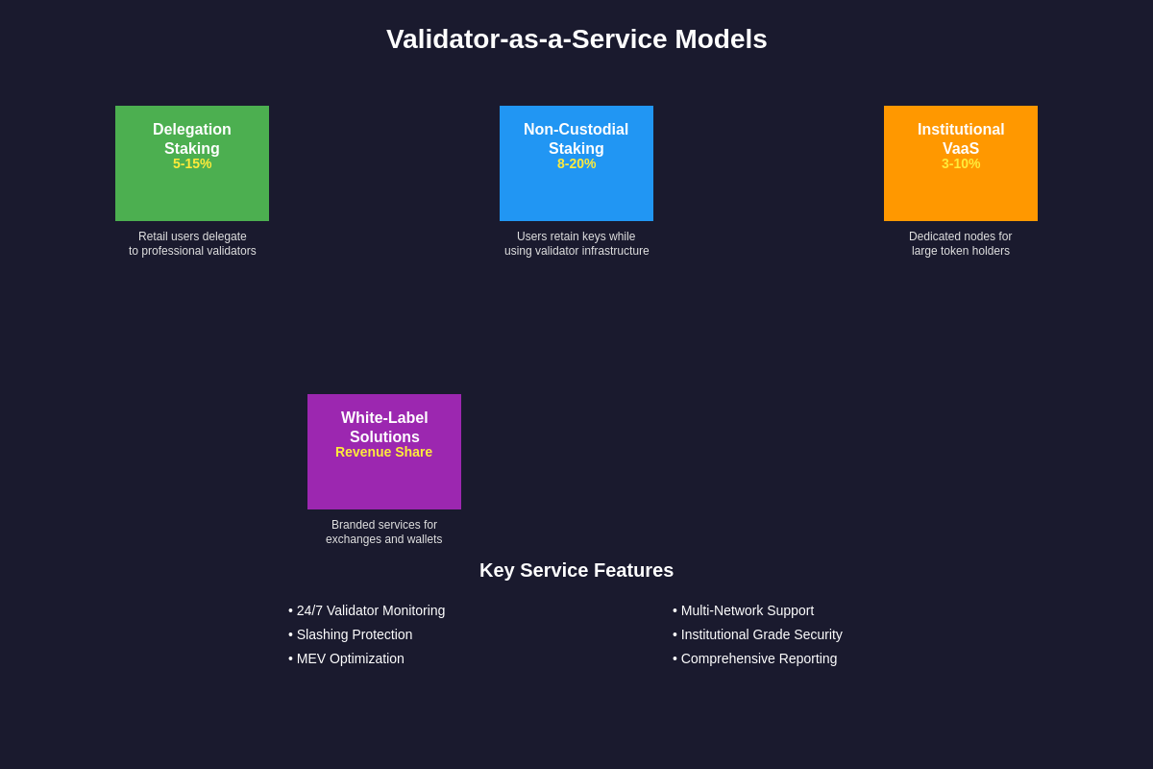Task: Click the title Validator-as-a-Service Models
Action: [576, 39]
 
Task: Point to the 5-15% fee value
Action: [192, 164]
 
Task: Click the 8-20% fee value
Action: [576, 164]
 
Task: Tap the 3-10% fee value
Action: [961, 164]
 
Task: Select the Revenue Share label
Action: [384, 453]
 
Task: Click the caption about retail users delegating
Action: [192, 244]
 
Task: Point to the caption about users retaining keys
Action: [576, 244]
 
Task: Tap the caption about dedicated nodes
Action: [961, 244]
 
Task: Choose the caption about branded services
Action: [384, 533]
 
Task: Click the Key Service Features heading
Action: [576, 570]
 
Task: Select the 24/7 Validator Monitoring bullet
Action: [367, 610]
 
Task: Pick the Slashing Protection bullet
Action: [351, 634]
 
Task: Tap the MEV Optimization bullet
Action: [347, 658]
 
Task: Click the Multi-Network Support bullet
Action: [744, 610]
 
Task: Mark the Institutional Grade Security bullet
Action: [758, 634]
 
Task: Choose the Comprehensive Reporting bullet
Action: [755, 658]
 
